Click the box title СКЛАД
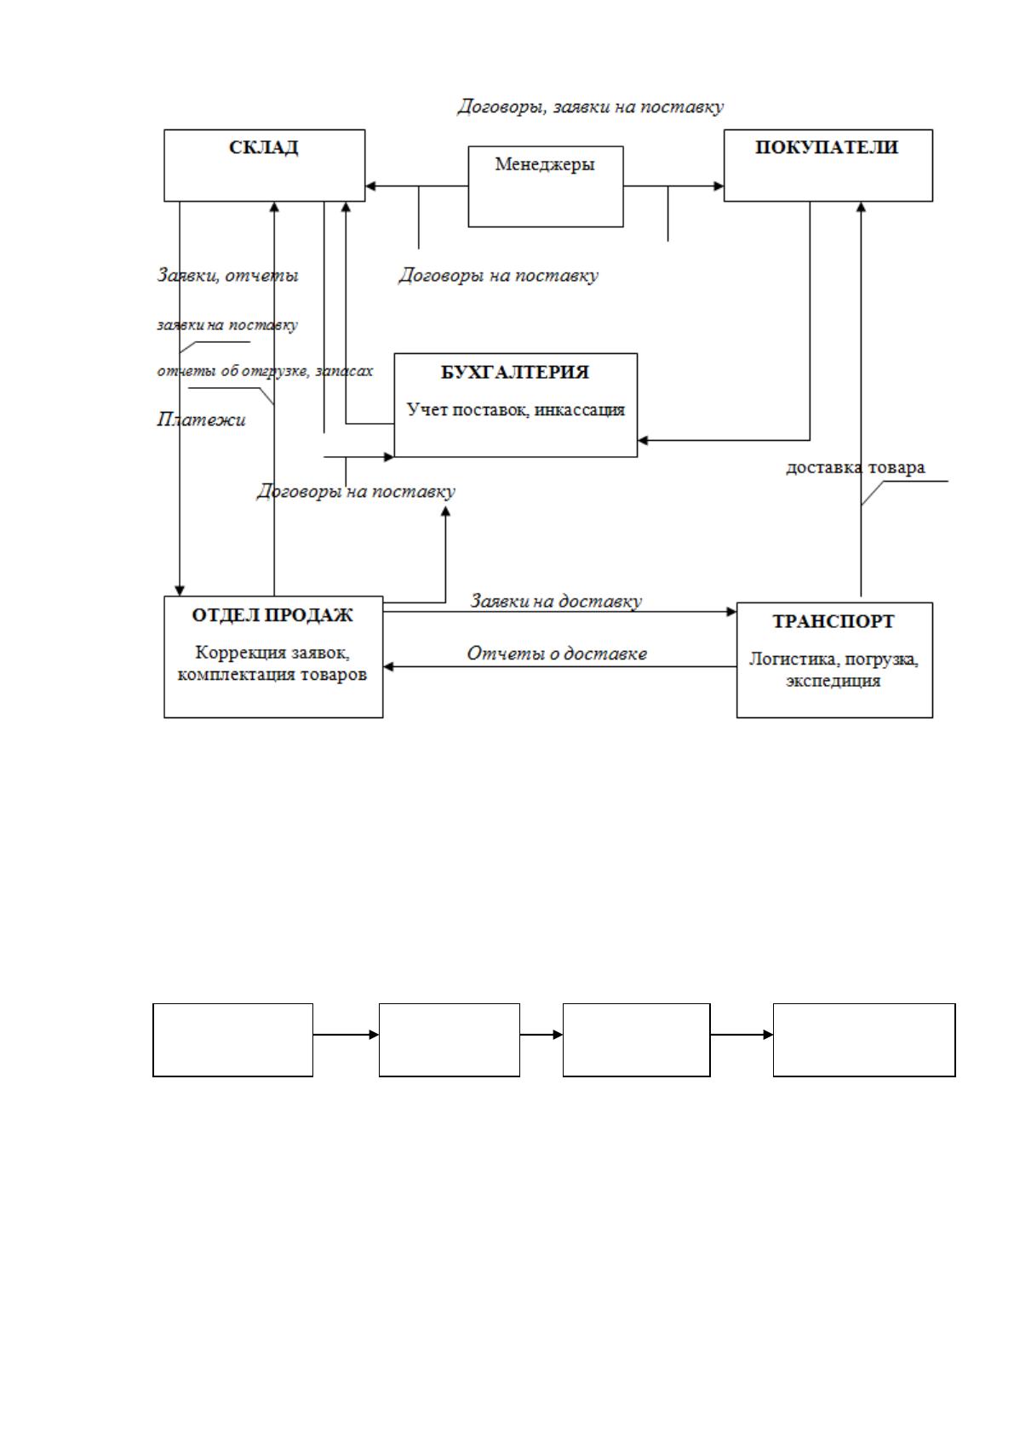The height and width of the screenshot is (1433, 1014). [x=263, y=147]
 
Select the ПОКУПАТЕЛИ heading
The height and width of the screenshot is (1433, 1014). [x=827, y=147]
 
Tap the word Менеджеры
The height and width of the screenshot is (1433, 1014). [x=545, y=164]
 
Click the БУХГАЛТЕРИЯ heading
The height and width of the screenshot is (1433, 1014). [x=515, y=373]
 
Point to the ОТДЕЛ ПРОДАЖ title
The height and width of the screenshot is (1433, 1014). [x=272, y=615]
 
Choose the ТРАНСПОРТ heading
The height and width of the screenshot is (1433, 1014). [x=834, y=621]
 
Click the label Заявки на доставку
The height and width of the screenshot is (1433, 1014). [x=556, y=601]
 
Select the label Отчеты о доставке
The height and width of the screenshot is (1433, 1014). [x=556, y=654]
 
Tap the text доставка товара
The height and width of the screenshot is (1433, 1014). [x=856, y=467]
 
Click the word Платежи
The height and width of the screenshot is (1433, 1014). [x=201, y=419]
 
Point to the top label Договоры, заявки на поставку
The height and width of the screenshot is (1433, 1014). [x=590, y=106]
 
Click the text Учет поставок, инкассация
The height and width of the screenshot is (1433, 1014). [x=515, y=410]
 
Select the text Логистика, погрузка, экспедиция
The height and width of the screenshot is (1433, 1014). [x=834, y=669]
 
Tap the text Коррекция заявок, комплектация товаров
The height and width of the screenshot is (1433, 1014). [x=272, y=664]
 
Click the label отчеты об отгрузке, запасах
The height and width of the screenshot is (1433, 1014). [x=265, y=371]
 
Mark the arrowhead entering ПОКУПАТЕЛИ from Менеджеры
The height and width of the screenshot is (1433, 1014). [x=719, y=186]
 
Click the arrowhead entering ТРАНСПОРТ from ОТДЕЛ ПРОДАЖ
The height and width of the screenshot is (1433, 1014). [x=731, y=612]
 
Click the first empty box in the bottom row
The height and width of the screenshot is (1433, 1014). [x=233, y=1040]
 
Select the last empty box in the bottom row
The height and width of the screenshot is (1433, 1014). [x=864, y=1040]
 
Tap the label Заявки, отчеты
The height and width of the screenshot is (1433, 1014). [x=228, y=276]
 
